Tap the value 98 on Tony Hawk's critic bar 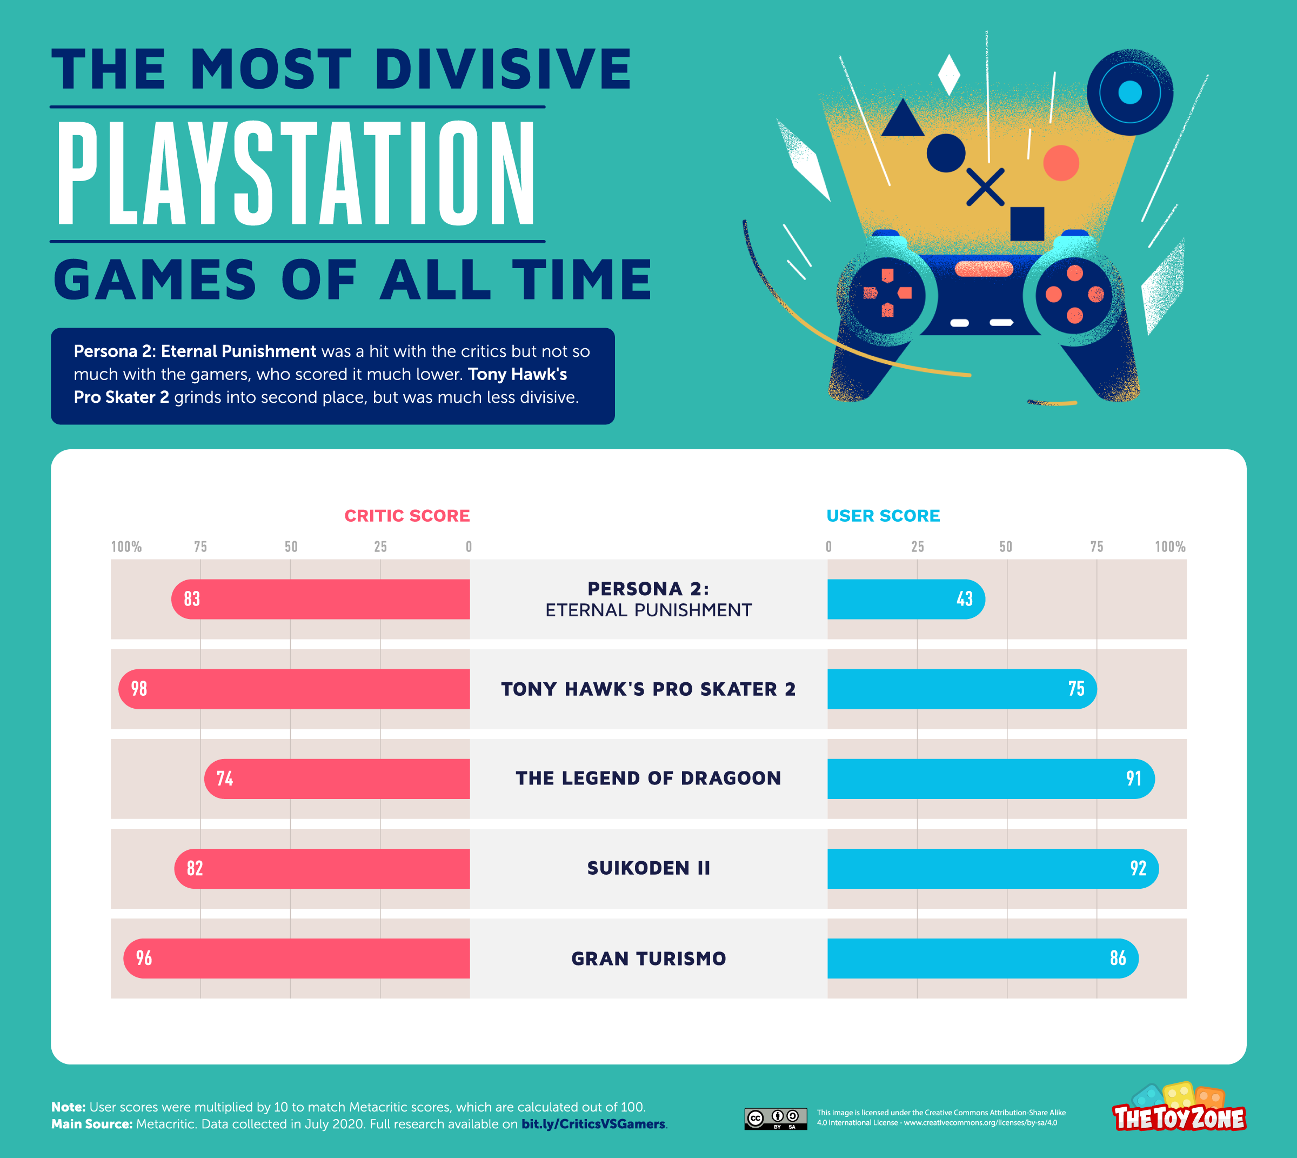[x=139, y=688]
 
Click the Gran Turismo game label [x=648, y=958]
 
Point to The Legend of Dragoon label [x=648, y=778]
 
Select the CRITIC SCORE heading [x=407, y=515]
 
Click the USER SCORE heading [x=883, y=515]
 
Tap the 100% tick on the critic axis [x=126, y=547]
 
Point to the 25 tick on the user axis [x=917, y=547]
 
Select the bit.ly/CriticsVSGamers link [x=593, y=1123]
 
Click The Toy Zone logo [x=1179, y=1110]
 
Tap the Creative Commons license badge [x=775, y=1118]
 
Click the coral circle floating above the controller [x=1061, y=163]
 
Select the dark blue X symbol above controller [x=985, y=187]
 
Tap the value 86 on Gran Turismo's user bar [x=1118, y=958]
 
